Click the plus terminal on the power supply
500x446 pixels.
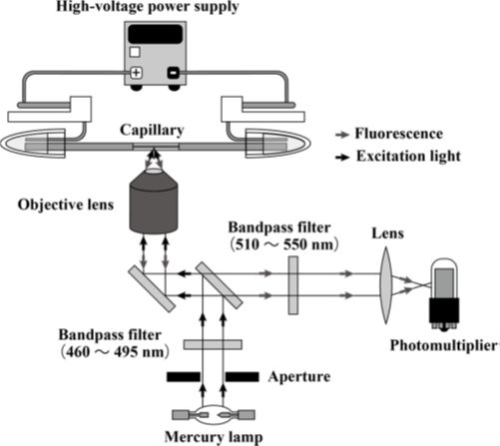point(136,73)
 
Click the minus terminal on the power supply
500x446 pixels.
point(174,73)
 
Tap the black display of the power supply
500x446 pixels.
point(156,34)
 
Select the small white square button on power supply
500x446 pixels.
point(135,52)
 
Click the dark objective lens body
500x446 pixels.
point(154,204)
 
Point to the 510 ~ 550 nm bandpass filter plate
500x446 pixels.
point(293,285)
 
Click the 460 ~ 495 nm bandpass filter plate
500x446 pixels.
point(213,344)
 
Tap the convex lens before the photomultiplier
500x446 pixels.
point(386,285)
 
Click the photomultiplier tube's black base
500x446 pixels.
point(444,310)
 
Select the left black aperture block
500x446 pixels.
point(184,377)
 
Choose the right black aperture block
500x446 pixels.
point(243,377)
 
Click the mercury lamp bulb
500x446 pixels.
point(214,415)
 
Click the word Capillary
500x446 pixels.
point(152,131)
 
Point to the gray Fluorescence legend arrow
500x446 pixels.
point(342,135)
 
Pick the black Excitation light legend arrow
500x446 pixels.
point(342,157)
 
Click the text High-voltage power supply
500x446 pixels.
point(148,7)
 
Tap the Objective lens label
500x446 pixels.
point(66,205)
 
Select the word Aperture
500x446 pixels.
point(299,377)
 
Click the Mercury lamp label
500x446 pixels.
point(214,437)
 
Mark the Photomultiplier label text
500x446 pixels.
point(445,345)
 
